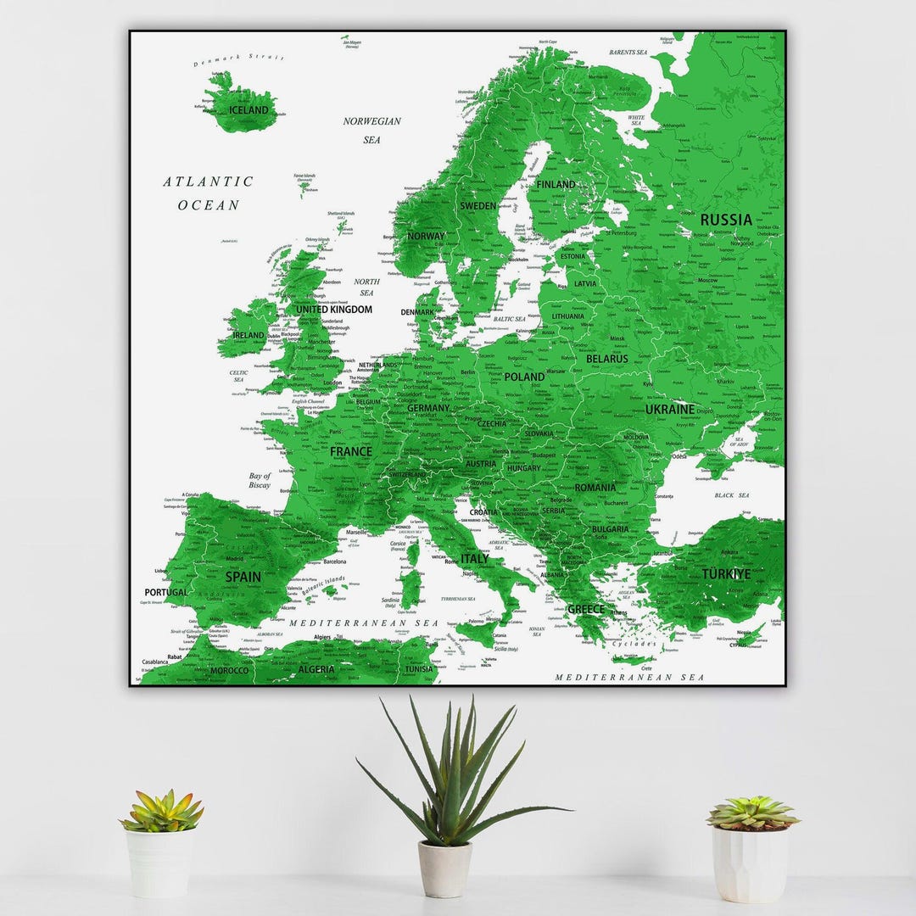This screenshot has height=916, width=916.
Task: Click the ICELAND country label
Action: pos(248,110)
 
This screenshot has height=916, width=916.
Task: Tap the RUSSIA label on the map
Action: pos(725,220)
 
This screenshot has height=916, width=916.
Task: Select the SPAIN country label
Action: pos(243,577)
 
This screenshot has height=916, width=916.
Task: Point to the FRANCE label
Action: pos(350,452)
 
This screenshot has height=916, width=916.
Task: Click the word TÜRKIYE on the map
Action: pos(725,574)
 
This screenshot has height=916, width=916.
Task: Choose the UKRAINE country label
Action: pos(669,409)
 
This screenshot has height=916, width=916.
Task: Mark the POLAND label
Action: pos(524,377)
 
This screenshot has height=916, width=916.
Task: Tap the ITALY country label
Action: pos(474,559)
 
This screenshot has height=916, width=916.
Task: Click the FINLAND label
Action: pos(555,184)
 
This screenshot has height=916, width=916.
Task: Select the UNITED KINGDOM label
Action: pos(333,310)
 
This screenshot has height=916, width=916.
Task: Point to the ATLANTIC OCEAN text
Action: pos(209,193)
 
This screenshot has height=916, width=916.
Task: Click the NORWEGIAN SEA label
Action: pos(371,130)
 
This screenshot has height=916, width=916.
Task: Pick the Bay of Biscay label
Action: pos(260,481)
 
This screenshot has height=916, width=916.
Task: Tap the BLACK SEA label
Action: pos(731,495)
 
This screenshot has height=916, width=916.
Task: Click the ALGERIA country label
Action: pos(316,669)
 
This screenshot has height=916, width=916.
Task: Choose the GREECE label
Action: pos(585,609)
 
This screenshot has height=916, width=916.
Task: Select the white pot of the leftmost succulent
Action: pos(159,862)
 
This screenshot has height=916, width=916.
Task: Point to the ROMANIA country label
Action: pos(595,488)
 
